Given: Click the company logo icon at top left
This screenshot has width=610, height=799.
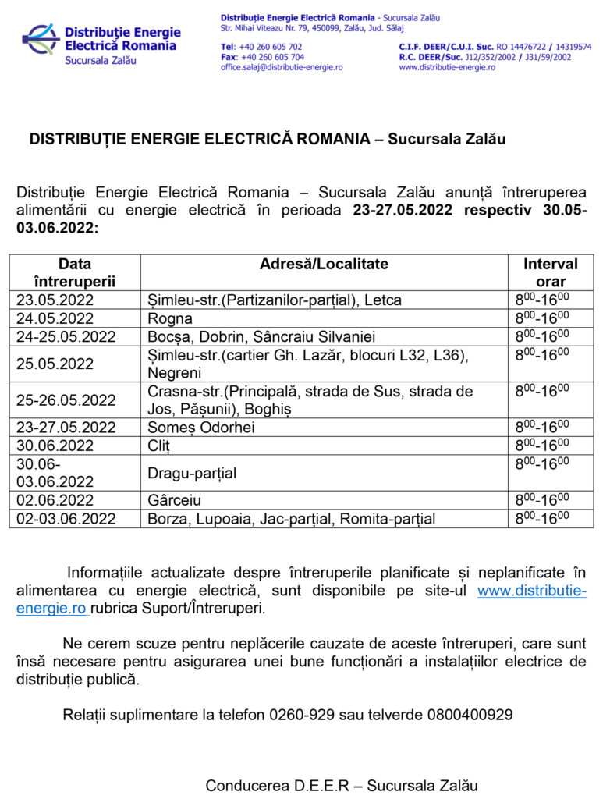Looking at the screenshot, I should (41, 38).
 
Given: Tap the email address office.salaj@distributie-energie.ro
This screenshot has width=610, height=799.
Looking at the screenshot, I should (282, 67).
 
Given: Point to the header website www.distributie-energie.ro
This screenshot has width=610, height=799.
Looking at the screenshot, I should (447, 67).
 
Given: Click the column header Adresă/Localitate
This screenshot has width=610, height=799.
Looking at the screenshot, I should (324, 265).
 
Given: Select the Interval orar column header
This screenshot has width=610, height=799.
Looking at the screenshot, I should (551, 272).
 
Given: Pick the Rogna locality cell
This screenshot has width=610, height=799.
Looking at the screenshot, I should (170, 318).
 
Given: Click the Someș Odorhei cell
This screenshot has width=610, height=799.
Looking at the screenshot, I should (201, 428).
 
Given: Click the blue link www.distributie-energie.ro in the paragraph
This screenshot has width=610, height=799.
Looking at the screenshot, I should (531, 591).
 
